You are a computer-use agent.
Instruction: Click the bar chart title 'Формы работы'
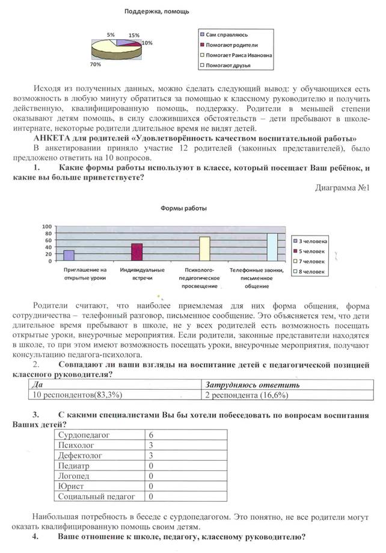(x=183, y=208)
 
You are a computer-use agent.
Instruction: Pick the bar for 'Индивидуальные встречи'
(x=136, y=252)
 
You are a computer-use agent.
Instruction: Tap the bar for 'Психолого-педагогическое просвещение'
(x=204, y=248)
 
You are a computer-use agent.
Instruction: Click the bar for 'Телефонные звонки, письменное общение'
(x=272, y=246)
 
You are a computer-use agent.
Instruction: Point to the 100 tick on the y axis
(x=47, y=227)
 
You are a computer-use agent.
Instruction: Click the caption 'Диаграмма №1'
(x=342, y=187)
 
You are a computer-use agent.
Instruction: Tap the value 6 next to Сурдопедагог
(x=151, y=434)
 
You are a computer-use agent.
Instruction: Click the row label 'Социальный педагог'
(x=96, y=496)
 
